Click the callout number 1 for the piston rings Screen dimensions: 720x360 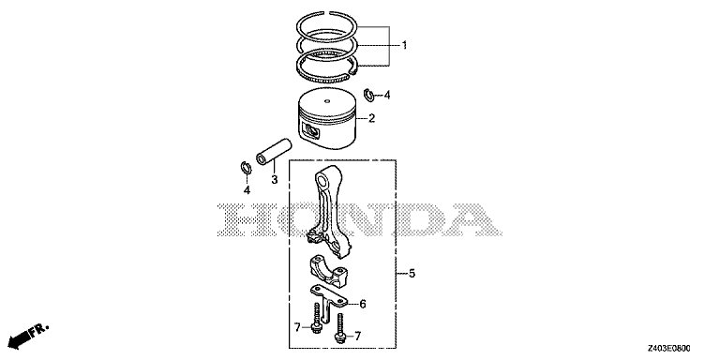pyautogui.click(x=405, y=45)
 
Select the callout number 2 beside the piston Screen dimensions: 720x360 pyautogui.click(x=371, y=118)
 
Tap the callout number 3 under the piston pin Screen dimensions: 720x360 pyautogui.click(x=274, y=180)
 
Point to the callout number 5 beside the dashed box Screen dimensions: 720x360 pyautogui.click(x=412, y=274)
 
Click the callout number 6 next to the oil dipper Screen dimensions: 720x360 pyautogui.click(x=363, y=304)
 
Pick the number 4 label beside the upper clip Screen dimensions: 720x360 pyautogui.click(x=387, y=95)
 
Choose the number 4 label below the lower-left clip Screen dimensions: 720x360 pyautogui.click(x=247, y=190)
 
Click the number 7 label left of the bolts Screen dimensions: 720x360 pyautogui.click(x=297, y=327)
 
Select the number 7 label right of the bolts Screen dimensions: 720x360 pyautogui.click(x=358, y=336)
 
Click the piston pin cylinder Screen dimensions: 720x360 pyautogui.click(x=274, y=151)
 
